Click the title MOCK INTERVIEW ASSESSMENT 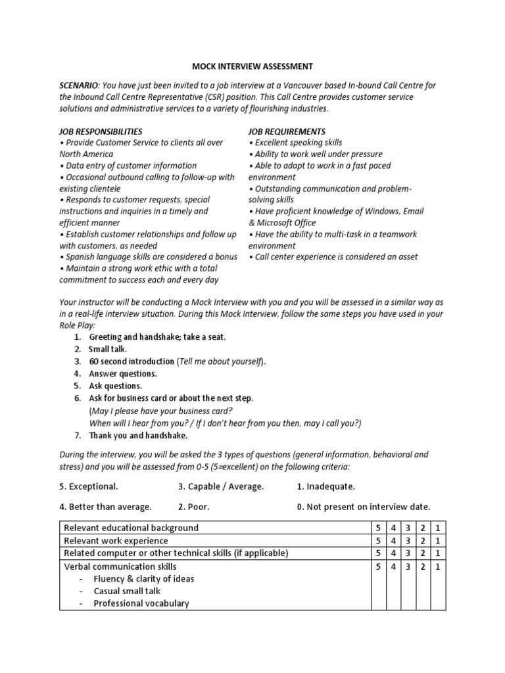tap(252, 66)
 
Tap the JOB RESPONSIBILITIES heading tap(101, 131)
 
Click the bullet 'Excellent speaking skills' tap(296, 143)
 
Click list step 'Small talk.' tap(108, 349)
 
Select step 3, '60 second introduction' tap(132, 361)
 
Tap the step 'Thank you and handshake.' tap(138, 435)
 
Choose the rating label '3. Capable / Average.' tap(220, 486)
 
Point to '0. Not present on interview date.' tap(363, 507)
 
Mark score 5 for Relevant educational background tap(378, 528)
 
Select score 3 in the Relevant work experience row tap(408, 541)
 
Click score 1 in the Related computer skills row tap(437, 553)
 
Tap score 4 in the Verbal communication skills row tap(393, 566)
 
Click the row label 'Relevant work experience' tap(116, 541)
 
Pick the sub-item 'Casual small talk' tap(127, 591)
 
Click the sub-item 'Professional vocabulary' tap(141, 603)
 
